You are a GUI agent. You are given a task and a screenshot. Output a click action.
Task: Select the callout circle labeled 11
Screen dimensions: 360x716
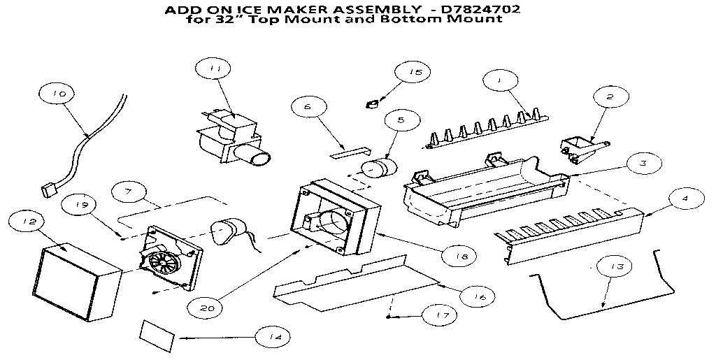click(215, 69)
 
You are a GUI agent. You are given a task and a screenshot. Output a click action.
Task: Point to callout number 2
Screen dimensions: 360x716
click(609, 98)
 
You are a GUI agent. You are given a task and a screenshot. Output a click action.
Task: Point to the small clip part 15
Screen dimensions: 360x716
click(372, 103)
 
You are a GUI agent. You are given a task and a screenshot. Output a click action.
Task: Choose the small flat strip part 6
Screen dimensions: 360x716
click(348, 150)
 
